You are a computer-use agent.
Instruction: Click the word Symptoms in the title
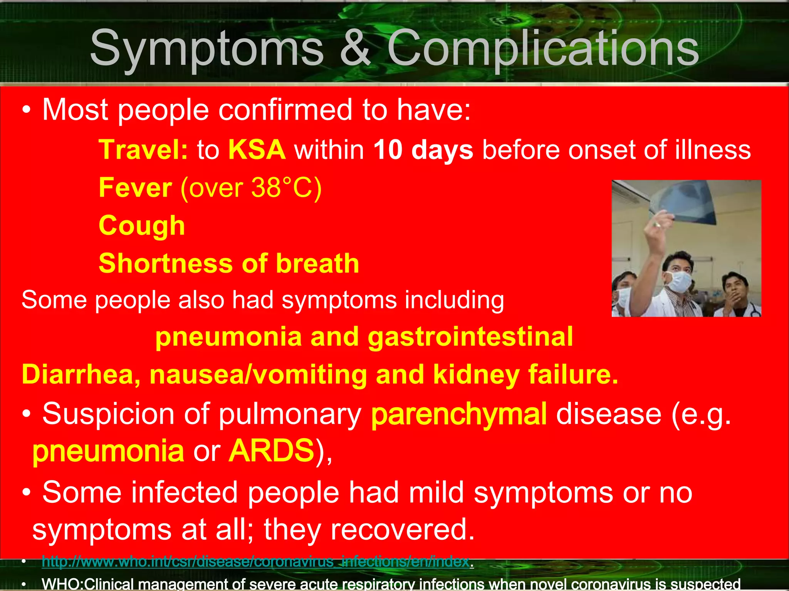(x=206, y=49)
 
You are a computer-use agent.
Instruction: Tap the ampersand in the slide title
(x=355, y=49)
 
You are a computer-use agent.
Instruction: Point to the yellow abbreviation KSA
(x=257, y=150)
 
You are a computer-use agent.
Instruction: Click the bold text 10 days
(x=423, y=150)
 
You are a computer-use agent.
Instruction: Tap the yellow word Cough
(x=142, y=226)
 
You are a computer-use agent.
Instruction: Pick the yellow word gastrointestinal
(x=470, y=337)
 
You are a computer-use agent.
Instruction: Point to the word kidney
(x=476, y=374)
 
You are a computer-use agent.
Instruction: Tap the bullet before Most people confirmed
(x=26, y=110)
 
